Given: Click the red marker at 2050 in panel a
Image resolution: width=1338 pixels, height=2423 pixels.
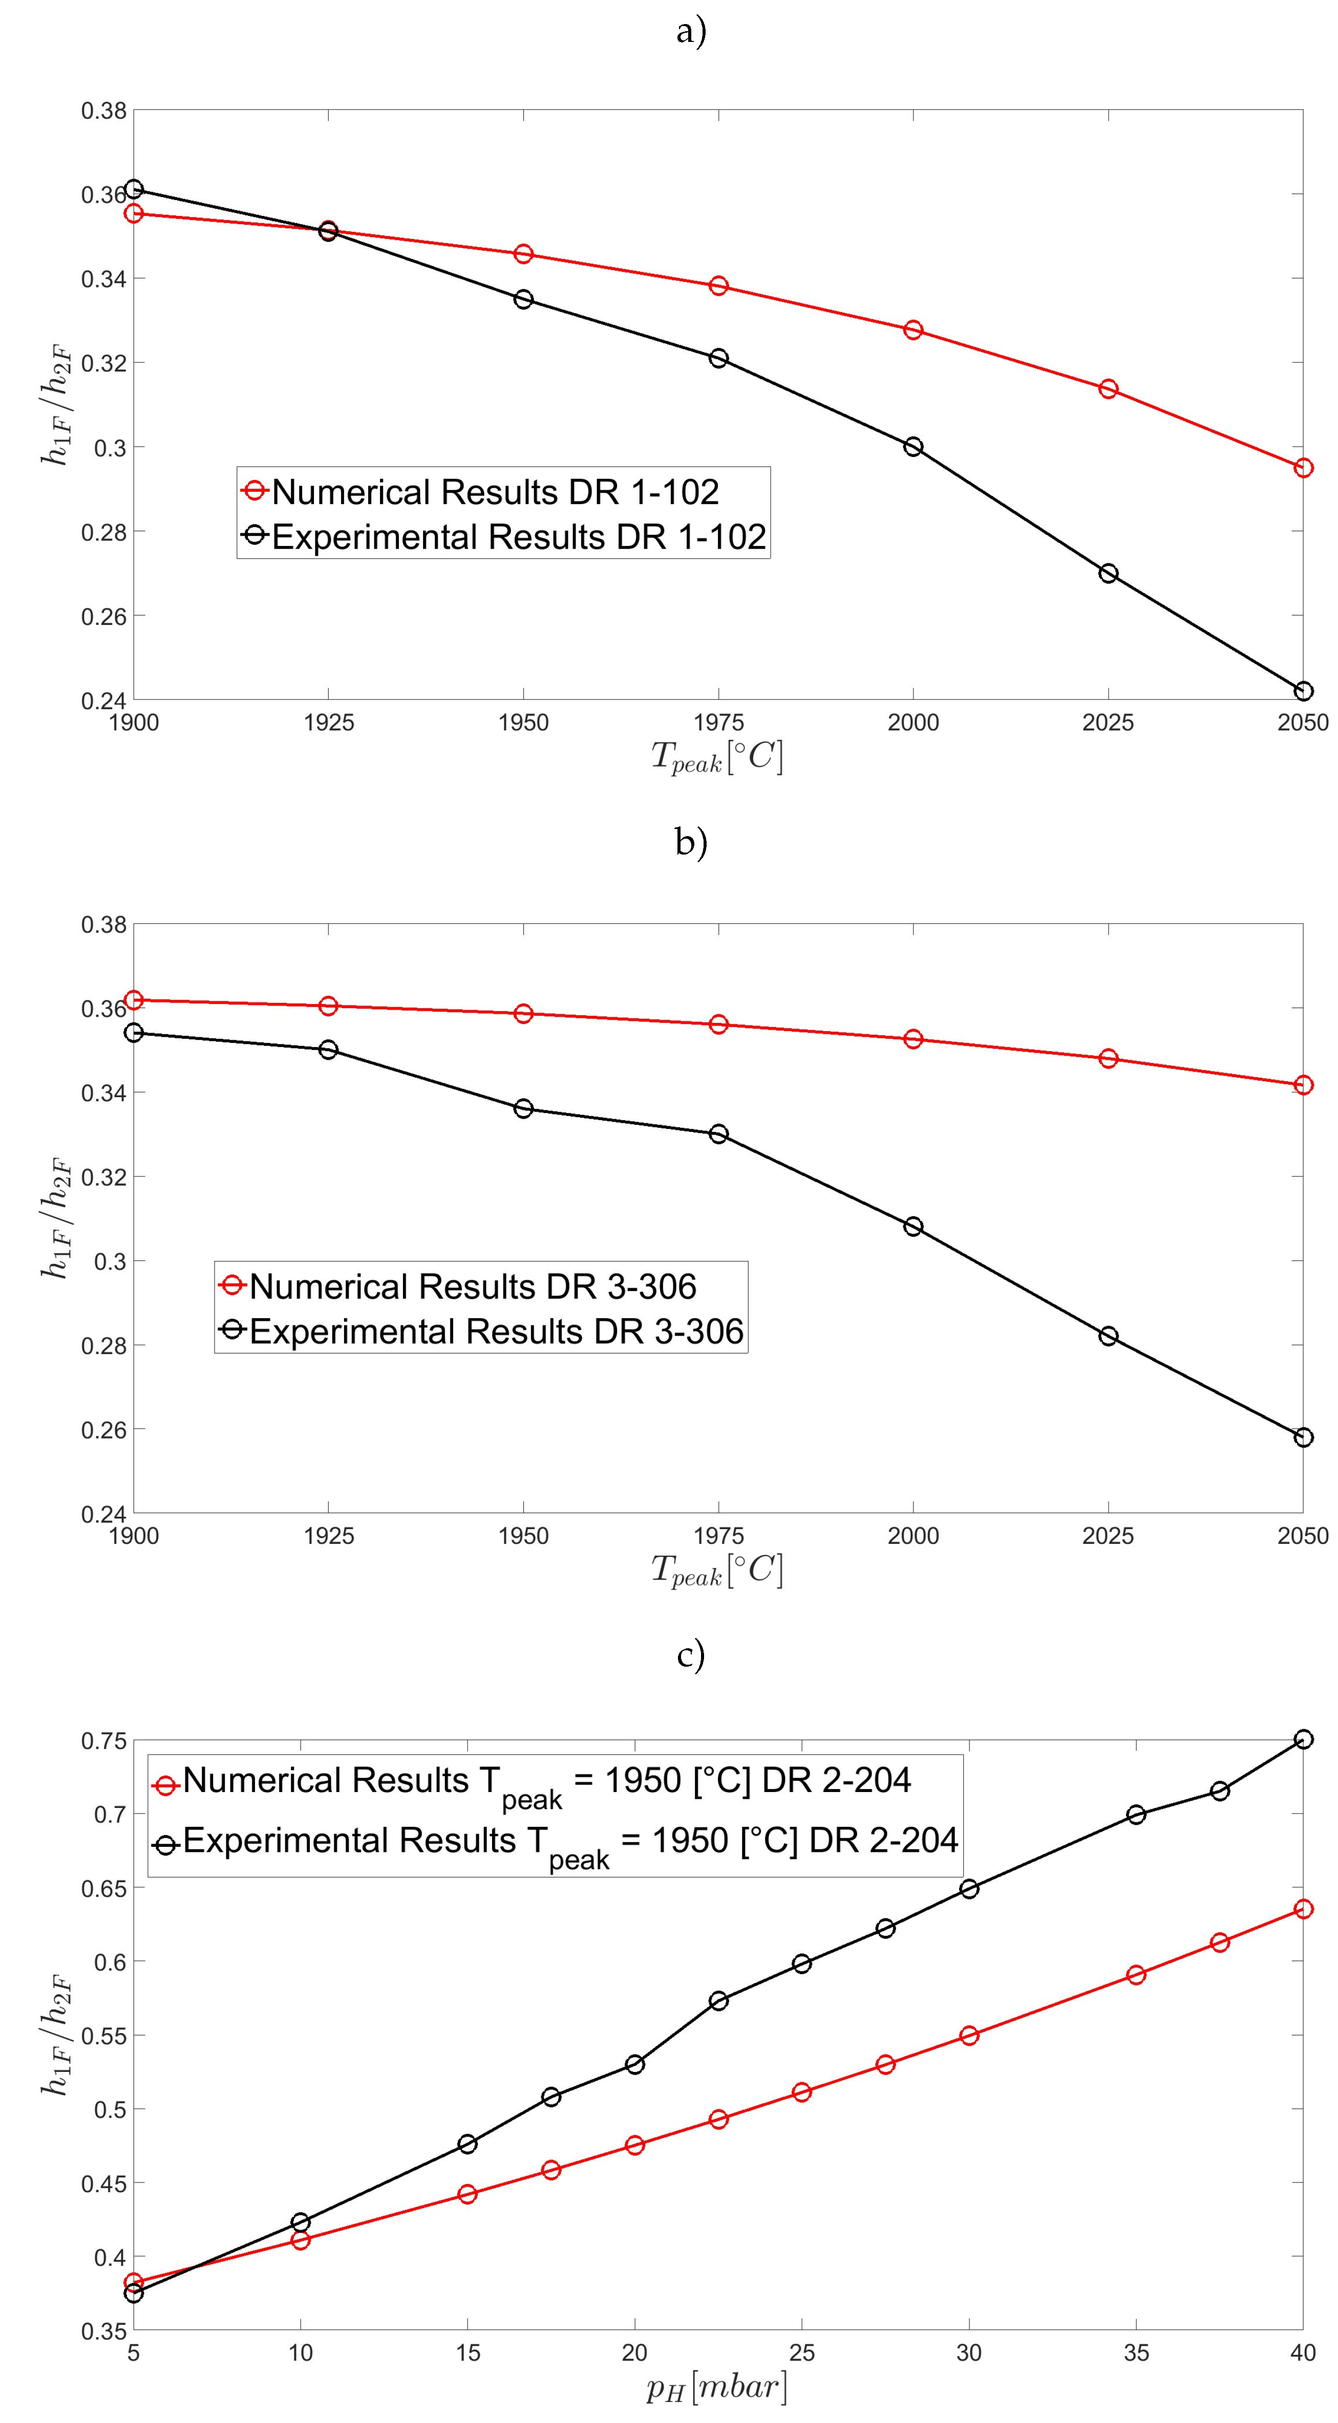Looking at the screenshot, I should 1302,468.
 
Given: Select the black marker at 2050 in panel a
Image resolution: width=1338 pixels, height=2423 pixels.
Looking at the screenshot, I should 1302,691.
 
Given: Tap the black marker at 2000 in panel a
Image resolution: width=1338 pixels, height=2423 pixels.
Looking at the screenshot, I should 912,447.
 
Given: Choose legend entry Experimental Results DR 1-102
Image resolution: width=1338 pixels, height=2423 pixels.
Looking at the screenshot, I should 518,537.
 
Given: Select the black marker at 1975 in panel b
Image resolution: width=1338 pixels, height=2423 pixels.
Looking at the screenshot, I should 718,1133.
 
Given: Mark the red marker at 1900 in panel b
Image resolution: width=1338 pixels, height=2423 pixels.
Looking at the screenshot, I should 134,1000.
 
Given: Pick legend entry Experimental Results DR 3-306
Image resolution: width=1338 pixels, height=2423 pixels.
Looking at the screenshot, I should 496,1331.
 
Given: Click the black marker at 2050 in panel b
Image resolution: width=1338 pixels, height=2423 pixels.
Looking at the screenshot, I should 1302,1437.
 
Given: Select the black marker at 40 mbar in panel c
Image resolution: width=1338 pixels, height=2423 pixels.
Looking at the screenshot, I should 1302,1739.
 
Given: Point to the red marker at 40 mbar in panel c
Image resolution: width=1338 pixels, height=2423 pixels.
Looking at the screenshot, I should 1302,1909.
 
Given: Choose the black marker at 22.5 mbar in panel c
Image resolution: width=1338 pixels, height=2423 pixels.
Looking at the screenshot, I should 718,2001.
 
